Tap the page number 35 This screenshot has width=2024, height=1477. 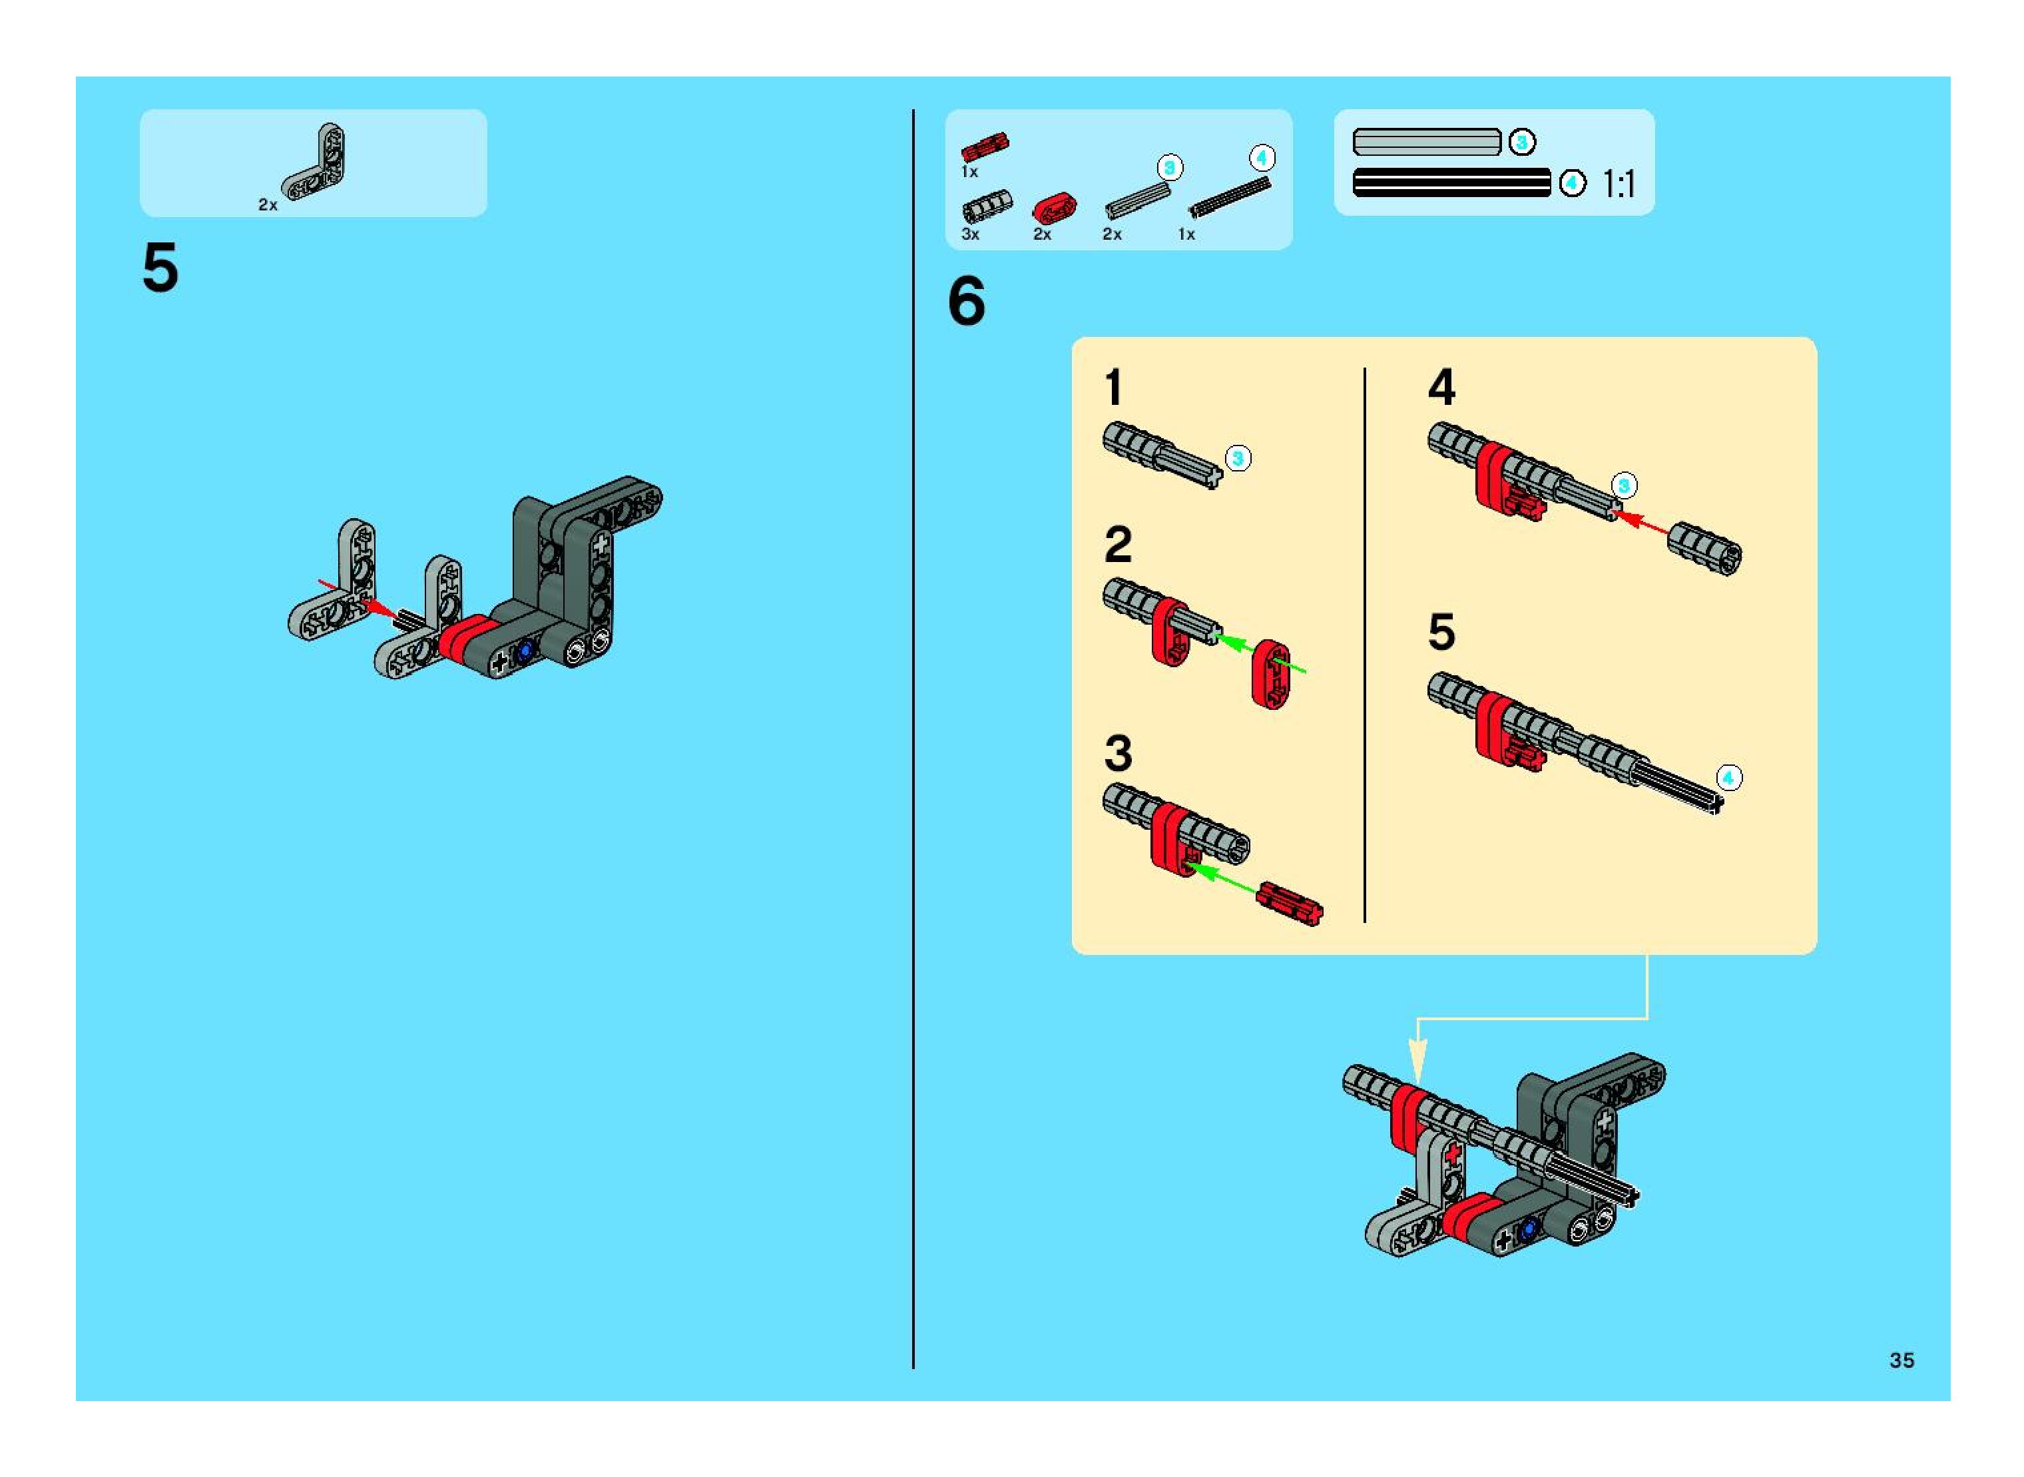pos(1901,1360)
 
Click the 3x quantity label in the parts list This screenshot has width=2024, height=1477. pos(970,234)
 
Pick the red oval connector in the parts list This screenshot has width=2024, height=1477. pos(1054,209)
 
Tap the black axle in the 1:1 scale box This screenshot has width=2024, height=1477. pos(1452,183)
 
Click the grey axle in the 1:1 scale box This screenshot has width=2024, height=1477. pos(1427,142)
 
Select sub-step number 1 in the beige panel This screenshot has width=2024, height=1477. pos(1113,388)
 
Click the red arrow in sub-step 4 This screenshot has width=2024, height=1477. pos(1641,523)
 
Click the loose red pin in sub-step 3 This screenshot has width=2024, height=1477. pos(1289,904)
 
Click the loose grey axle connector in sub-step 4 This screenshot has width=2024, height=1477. pos(1704,549)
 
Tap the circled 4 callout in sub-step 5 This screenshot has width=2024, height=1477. pos(1728,778)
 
